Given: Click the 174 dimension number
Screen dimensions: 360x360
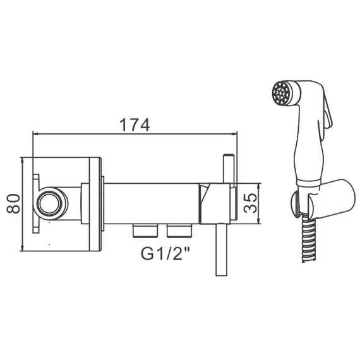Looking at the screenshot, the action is click(x=135, y=125).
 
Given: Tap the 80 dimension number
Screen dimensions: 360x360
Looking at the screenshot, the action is click(x=13, y=204).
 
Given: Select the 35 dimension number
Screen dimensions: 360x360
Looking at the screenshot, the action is click(x=250, y=203).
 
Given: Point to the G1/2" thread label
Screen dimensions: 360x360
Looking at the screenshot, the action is click(x=165, y=253).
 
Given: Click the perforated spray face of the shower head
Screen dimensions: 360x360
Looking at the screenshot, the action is click(x=280, y=93).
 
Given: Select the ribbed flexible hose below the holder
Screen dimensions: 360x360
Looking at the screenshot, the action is click(x=309, y=238).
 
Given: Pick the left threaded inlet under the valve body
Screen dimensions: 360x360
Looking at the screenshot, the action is click(x=145, y=231).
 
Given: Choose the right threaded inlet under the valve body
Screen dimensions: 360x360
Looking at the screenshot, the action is click(x=179, y=231).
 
